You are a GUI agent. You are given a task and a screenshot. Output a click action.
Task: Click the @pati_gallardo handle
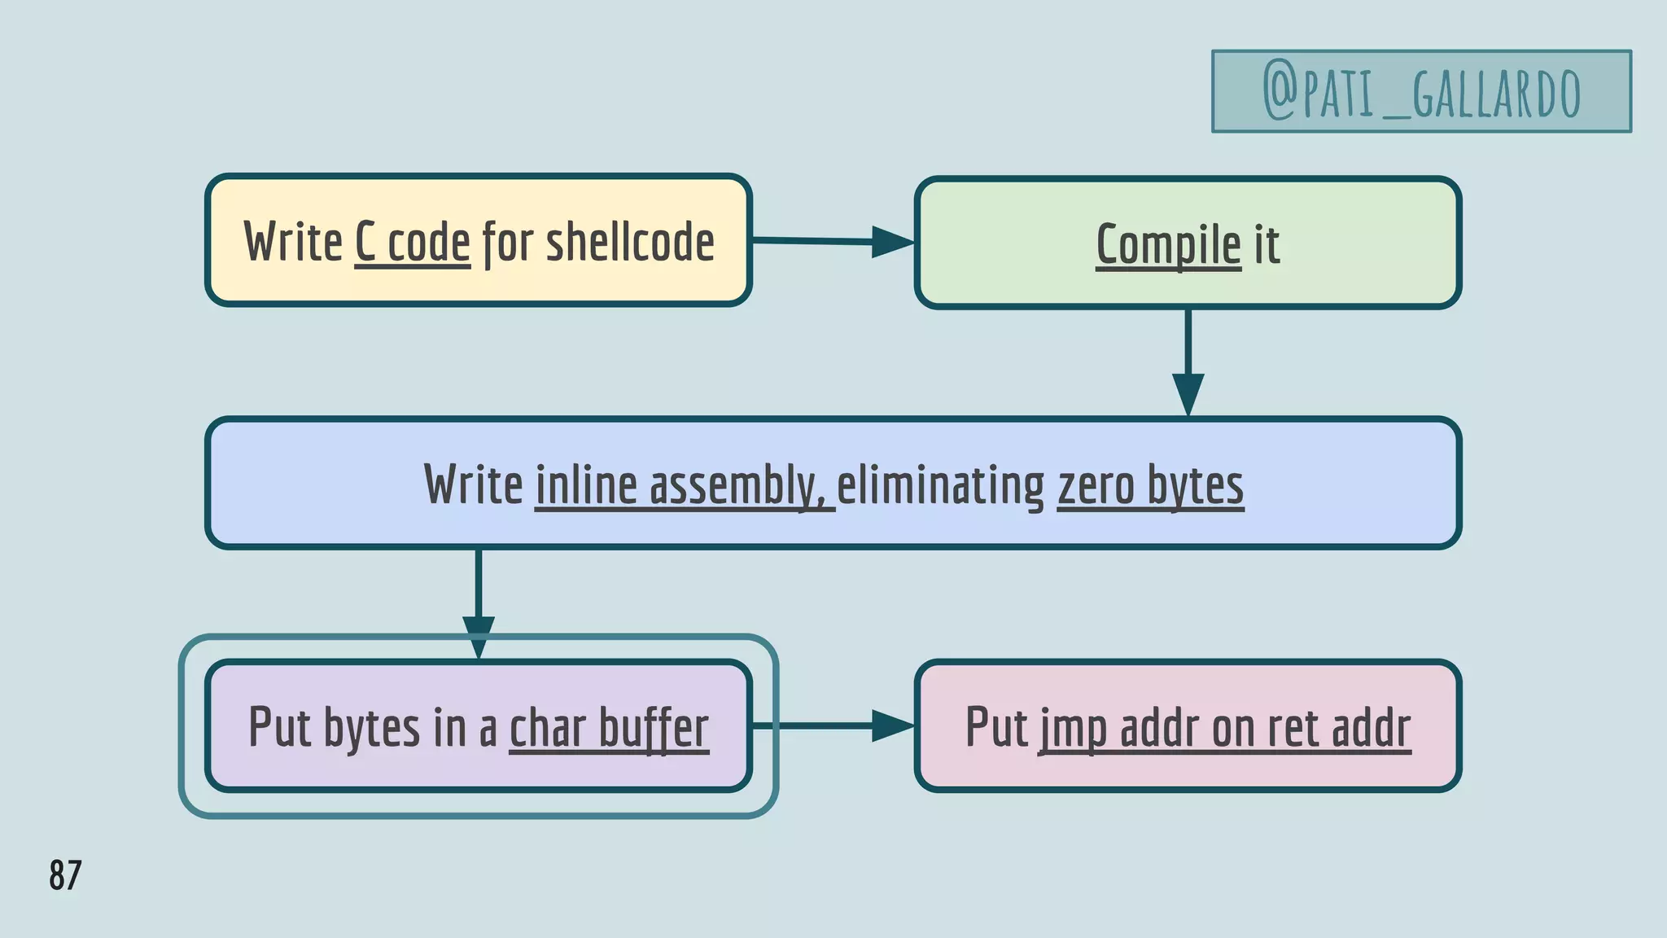pyautogui.click(x=1421, y=92)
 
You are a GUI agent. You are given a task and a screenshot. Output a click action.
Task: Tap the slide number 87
pyautogui.click(x=65, y=875)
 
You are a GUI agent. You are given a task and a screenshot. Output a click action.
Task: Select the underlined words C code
pyautogui.click(x=413, y=242)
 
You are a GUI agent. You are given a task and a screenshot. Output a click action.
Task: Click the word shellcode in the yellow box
pyautogui.click(x=630, y=242)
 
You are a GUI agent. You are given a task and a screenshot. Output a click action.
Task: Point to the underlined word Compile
pyautogui.click(x=1168, y=244)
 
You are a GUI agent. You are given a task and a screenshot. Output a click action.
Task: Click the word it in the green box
pyautogui.click(x=1267, y=244)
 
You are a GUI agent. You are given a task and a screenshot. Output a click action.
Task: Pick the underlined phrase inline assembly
pyautogui.click(x=684, y=485)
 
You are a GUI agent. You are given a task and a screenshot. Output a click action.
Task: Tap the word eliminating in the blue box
pyautogui.click(x=940, y=485)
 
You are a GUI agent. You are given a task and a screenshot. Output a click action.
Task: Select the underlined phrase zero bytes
pyautogui.click(x=1150, y=485)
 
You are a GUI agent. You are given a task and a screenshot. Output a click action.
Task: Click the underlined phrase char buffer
pyautogui.click(x=609, y=727)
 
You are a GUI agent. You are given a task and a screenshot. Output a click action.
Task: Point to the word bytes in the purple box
pyautogui.click(x=371, y=727)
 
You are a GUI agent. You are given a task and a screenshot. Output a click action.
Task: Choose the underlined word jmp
pyautogui.click(x=1072, y=727)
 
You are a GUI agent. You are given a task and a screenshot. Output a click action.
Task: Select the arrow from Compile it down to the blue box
pyautogui.click(x=1188, y=362)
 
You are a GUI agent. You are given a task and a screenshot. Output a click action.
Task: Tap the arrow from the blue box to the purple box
pyautogui.click(x=479, y=603)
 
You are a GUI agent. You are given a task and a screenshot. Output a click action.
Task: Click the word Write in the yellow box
pyautogui.click(x=293, y=242)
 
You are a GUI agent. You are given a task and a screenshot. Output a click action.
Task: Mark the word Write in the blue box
pyautogui.click(x=473, y=485)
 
